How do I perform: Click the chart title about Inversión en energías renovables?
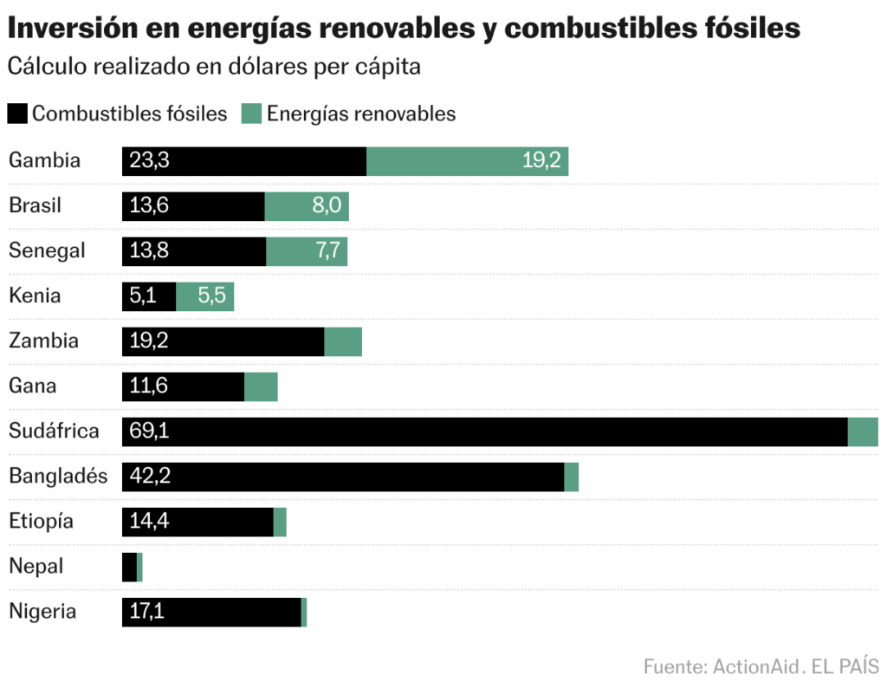click(404, 28)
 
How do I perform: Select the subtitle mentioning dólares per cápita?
click(214, 68)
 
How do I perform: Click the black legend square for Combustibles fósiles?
click(18, 114)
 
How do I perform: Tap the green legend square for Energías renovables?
click(251, 114)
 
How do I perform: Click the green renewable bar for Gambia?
click(467, 161)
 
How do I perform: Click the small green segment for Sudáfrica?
click(863, 432)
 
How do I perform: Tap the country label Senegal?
click(47, 251)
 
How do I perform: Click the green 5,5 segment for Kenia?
click(205, 296)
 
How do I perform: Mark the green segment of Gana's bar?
click(261, 386)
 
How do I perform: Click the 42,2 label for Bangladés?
click(149, 477)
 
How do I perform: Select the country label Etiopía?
click(41, 522)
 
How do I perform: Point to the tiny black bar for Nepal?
click(129, 567)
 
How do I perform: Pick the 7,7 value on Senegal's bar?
click(330, 251)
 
